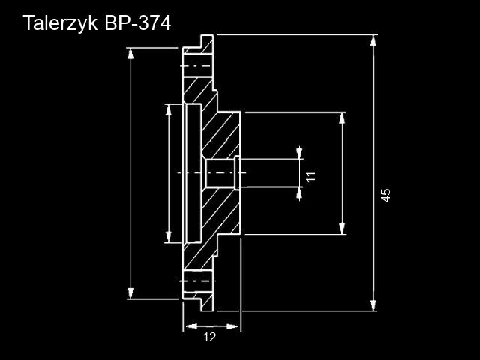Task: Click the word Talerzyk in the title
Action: click(61, 23)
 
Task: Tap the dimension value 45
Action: click(385, 194)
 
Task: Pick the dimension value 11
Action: click(310, 177)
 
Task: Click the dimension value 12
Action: click(210, 337)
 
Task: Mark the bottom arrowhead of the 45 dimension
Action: click(373, 305)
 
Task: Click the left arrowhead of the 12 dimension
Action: click(188, 326)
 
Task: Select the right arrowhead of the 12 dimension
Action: click(235, 326)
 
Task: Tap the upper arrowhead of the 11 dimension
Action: click(300, 154)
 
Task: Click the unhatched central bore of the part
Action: click(219, 173)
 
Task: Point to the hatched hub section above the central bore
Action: click(221, 135)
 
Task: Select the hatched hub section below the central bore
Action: click(221, 214)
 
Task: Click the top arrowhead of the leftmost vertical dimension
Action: click(131, 52)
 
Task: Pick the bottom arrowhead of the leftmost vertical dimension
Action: click(131, 295)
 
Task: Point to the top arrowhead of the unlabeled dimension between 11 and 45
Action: click(343, 117)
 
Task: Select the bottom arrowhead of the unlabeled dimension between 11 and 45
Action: click(343, 229)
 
